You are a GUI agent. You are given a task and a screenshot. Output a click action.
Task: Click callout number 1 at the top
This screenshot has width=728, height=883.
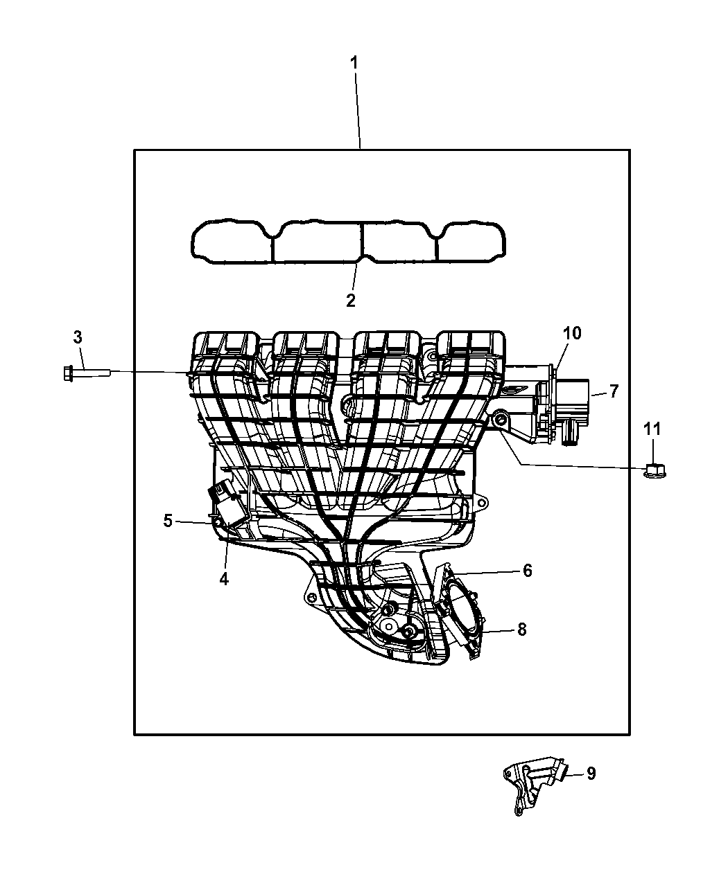[x=354, y=63]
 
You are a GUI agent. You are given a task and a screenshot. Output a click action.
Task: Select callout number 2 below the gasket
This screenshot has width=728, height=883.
[x=351, y=300]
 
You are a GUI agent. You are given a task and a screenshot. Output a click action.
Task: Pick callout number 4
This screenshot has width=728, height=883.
[x=224, y=579]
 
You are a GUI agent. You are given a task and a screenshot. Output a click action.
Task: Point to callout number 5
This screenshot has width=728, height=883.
[x=168, y=520]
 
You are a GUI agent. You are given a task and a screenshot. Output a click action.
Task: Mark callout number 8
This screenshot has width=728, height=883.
[x=521, y=629]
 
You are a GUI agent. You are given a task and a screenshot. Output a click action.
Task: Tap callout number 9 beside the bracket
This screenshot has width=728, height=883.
[x=590, y=774]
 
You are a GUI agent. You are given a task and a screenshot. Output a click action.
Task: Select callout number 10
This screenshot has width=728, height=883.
[x=572, y=333]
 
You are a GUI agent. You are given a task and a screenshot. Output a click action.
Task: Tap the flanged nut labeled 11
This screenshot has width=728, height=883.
[x=652, y=470]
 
